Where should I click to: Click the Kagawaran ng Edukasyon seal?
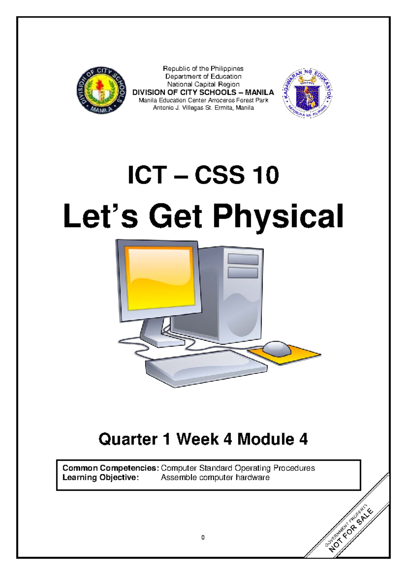[x=307, y=93]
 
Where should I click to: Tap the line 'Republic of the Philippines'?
[x=203, y=68]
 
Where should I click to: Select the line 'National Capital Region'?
[x=203, y=84]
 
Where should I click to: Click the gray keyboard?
[x=206, y=368]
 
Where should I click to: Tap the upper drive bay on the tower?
[x=243, y=259]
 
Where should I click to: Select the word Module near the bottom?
[x=266, y=439]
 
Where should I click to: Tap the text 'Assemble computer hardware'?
[x=215, y=478]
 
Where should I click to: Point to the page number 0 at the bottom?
[x=203, y=537]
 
